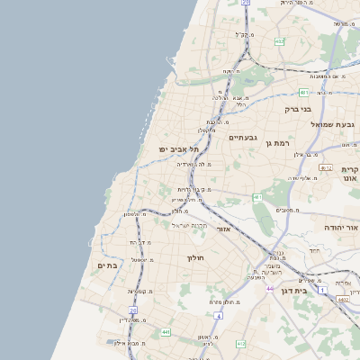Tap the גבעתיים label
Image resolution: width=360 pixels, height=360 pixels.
click(244, 138)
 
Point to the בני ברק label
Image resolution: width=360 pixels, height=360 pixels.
click(297, 109)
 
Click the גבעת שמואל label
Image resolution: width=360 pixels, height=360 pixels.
click(335, 123)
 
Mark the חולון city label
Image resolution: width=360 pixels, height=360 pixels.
click(196, 258)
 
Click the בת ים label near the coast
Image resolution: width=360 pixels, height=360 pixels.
click(107, 265)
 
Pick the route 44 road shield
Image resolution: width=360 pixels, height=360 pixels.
click(269, 288)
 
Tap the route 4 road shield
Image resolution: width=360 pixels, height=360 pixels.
click(218, 316)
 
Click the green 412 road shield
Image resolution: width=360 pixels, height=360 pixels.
click(240, 344)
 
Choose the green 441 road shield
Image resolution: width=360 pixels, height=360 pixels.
click(166, 332)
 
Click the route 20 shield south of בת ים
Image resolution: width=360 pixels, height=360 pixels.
click(132, 310)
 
